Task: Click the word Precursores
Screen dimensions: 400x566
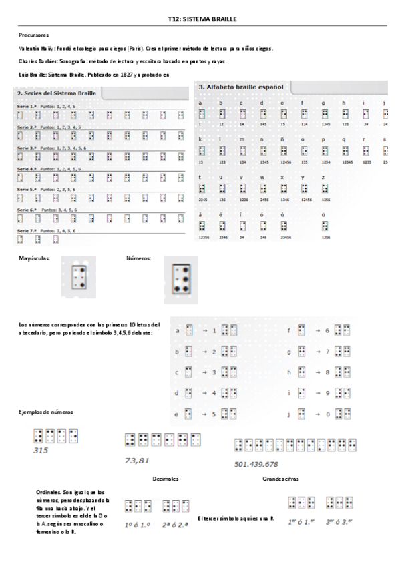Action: coord(34,35)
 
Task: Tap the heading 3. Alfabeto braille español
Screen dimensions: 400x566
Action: coord(240,87)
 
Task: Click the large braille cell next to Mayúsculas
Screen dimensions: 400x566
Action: coord(79,273)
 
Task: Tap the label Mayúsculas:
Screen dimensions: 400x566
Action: coord(35,257)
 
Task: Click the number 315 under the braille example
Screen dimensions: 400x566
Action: coord(41,450)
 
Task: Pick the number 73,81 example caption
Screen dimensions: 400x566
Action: coord(136,461)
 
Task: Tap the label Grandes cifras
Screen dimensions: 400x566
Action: coord(281,479)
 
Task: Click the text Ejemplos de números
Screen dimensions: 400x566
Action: coord(45,412)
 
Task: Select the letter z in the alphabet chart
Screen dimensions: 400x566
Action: coord(323,176)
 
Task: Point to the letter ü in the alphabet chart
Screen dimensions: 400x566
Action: coord(323,214)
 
